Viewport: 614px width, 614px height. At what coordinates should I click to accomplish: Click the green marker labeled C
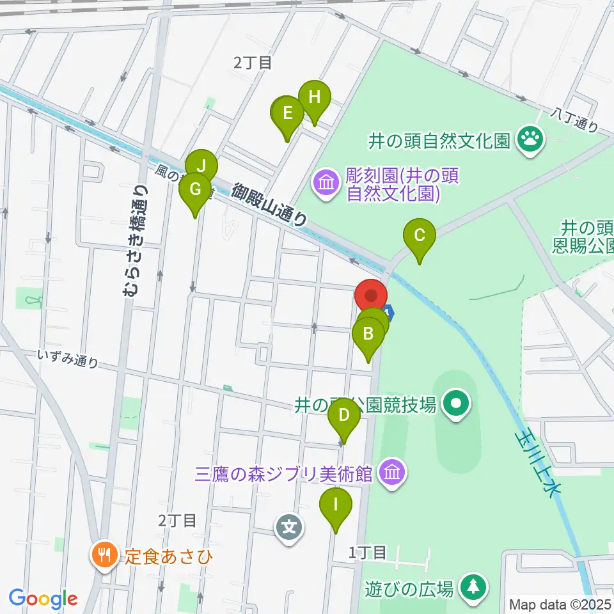tap(419, 235)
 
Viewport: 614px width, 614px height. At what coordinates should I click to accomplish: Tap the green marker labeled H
tap(314, 98)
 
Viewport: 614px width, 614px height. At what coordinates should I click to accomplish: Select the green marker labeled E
tap(287, 114)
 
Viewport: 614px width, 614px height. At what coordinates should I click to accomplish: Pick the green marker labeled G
tap(195, 190)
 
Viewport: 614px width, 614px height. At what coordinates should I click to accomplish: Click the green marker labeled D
tap(343, 416)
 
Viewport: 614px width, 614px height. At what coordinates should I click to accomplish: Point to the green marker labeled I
tap(335, 505)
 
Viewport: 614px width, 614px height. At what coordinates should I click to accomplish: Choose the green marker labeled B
tap(368, 334)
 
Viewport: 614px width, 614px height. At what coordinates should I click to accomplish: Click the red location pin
tap(371, 297)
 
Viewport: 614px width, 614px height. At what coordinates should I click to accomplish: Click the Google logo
tap(43, 599)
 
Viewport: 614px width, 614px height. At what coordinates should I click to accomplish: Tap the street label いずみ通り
tap(68, 359)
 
